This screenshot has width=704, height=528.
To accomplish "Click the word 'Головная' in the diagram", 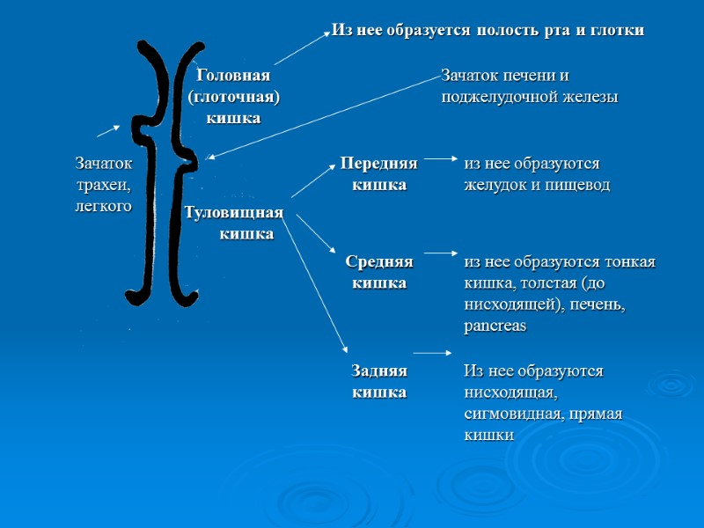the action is [x=233, y=76].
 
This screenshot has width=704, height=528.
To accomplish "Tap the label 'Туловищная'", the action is [x=233, y=213].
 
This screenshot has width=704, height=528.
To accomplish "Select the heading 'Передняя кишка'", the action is [x=379, y=174].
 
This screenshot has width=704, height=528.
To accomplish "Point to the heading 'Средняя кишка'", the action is [x=379, y=272].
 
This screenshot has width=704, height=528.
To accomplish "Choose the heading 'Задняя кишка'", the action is [x=379, y=381].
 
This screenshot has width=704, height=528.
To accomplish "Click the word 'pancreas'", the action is [x=495, y=326].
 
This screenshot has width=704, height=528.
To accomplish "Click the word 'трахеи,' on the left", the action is [x=104, y=185].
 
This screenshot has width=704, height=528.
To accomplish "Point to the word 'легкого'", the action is [x=104, y=206].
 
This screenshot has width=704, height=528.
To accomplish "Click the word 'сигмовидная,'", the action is [x=517, y=414].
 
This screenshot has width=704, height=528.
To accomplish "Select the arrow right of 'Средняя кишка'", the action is [x=438, y=259].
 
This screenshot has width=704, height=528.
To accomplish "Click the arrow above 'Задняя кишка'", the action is [x=433, y=353].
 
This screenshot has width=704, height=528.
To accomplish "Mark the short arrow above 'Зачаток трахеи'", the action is [x=108, y=130].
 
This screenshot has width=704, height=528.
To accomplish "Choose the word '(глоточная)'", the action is [x=233, y=97].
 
